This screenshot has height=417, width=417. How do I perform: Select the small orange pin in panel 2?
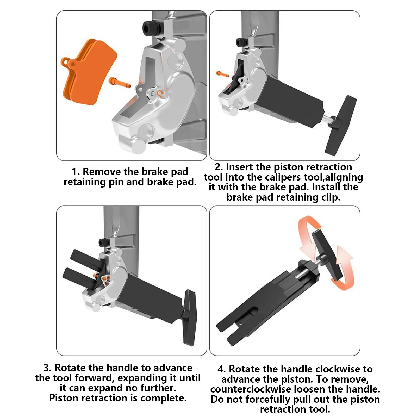coord(223,74)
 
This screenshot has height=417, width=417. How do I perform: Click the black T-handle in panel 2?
coord(341,126)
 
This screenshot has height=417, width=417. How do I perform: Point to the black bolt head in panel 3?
coord(103,242)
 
